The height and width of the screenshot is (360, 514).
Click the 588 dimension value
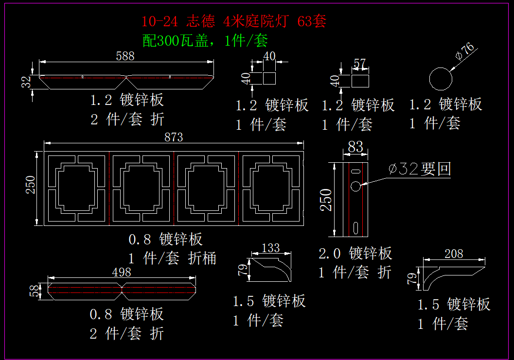pyautogui.click(x=125, y=56)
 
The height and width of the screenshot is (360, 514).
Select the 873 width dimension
pyautogui.click(x=174, y=137)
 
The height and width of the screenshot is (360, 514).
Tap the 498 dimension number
pyautogui.click(x=122, y=272)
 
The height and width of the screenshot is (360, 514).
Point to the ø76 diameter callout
pyautogui.click(x=465, y=51)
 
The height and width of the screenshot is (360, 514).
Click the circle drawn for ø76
pyautogui.click(x=441, y=68)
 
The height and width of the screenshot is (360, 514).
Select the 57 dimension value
pyautogui.click(x=359, y=63)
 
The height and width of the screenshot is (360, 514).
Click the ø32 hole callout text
pyautogui.click(x=420, y=169)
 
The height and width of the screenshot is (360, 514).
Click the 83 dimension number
pyautogui.click(x=355, y=147)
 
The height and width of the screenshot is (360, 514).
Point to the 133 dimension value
pyautogui.click(x=271, y=248)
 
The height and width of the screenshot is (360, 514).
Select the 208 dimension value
pyautogui.click(x=454, y=254)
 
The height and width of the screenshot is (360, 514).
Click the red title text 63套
pyautogui.click(x=312, y=22)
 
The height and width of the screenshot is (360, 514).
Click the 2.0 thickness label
pyautogui.click(x=330, y=254)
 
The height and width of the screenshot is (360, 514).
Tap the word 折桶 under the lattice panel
pyautogui.click(x=202, y=258)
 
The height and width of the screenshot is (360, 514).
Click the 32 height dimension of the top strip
pyautogui.click(x=26, y=82)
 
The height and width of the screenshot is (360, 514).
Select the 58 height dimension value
pyautogui.click(x=34, y=291)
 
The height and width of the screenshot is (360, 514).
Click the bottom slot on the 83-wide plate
pyautogui.click(x=355, y=228)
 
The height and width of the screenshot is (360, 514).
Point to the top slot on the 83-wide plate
pyautogui.click(x=355, y=171)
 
